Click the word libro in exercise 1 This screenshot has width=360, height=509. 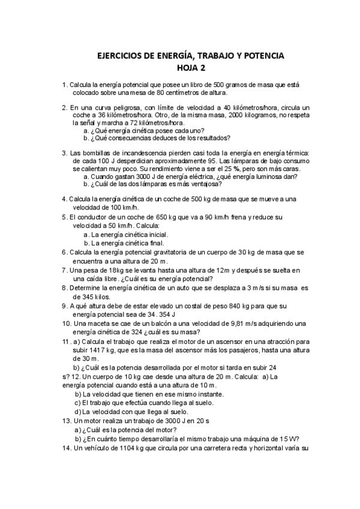click(x=174, y=85)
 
